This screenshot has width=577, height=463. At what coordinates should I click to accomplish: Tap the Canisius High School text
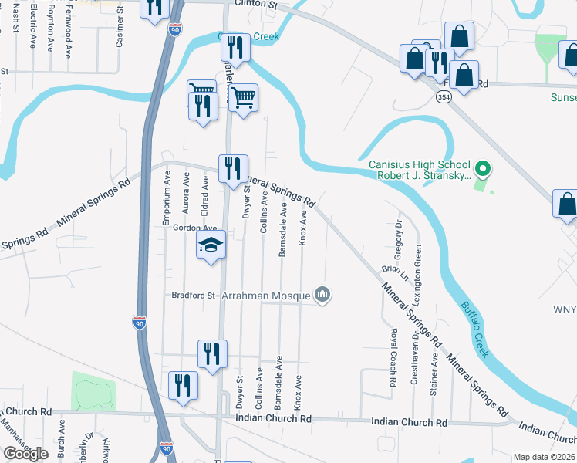pyautogui.click(x=419, y=165)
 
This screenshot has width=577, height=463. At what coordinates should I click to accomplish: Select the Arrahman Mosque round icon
pyautogui.click(x=322, y=294)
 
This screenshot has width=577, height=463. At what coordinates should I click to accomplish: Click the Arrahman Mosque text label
pyautogui.click(x=265, y=295)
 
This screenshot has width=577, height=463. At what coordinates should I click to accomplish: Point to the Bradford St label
pyautogui.click(x=193, y=295)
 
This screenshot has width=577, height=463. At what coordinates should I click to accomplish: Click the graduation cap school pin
pyautogui.click(x=211, y=245)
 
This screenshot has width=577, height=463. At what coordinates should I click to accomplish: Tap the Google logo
pyautogui.click(x=25, y=454)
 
